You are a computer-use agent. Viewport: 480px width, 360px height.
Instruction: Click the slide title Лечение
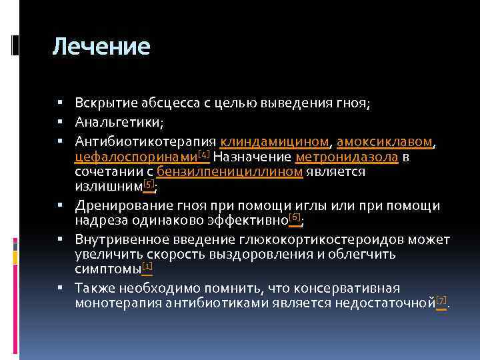(x=101, y=47)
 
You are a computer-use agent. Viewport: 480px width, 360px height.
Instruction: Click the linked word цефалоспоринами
(x=135, y=157)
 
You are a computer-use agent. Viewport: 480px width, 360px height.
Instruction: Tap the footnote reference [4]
(x=203, y=154)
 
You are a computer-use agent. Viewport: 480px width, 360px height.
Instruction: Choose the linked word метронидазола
(x=346, y=157)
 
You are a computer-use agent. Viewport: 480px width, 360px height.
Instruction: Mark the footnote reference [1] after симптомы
(x=147, y=267)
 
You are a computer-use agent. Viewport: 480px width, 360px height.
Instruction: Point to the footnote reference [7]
(x=441, y=301)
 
